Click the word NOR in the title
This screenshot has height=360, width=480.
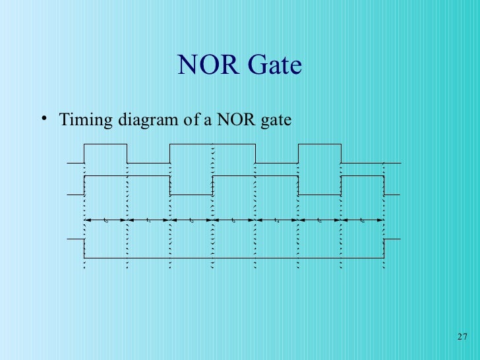click(209, 65)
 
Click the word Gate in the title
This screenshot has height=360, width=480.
click(274, 65)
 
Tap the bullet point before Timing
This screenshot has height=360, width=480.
click(43, 119)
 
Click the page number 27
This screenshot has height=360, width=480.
click(462, 338)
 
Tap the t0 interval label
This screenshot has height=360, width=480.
click(105, 220)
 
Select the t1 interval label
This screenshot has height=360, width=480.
click(148, 220)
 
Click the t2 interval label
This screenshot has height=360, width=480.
click(191, 220)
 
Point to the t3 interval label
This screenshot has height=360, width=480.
click(233, 220)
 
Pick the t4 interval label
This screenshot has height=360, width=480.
click(276, 220)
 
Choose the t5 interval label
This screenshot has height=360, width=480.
click(319, 220)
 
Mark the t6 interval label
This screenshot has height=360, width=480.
click(362, 220)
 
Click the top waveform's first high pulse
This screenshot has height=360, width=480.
click(105, 144)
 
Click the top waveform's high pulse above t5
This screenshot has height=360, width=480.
click(319, 144)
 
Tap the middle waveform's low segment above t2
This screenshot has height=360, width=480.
click(191, 195)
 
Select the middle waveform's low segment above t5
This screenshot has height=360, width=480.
click(319, 195)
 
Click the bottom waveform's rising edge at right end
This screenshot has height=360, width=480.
click(384, 248)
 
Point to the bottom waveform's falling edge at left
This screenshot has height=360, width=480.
click(84, 248)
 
